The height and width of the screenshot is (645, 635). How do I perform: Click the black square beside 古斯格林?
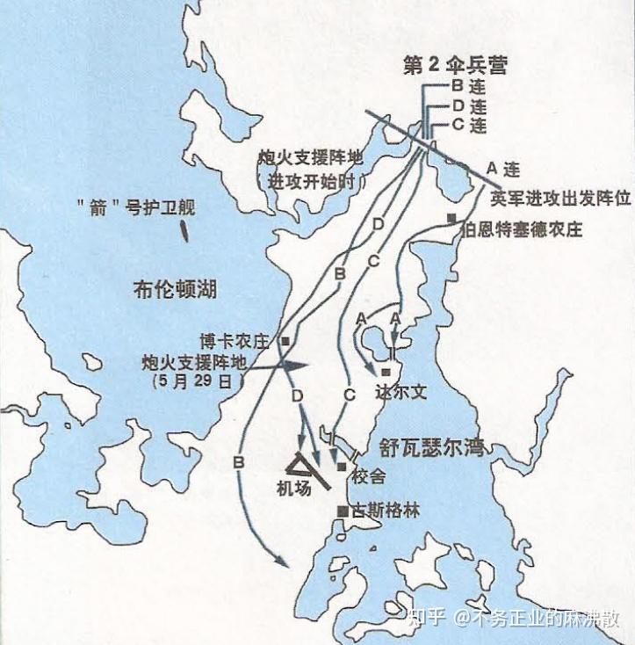[342, 511]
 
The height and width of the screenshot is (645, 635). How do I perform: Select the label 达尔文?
[400, 393]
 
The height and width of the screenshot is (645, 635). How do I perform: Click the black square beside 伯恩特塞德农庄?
[451, 218]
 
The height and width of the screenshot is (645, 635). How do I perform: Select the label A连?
[504, 168]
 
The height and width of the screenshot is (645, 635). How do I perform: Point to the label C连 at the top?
[468, 126]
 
